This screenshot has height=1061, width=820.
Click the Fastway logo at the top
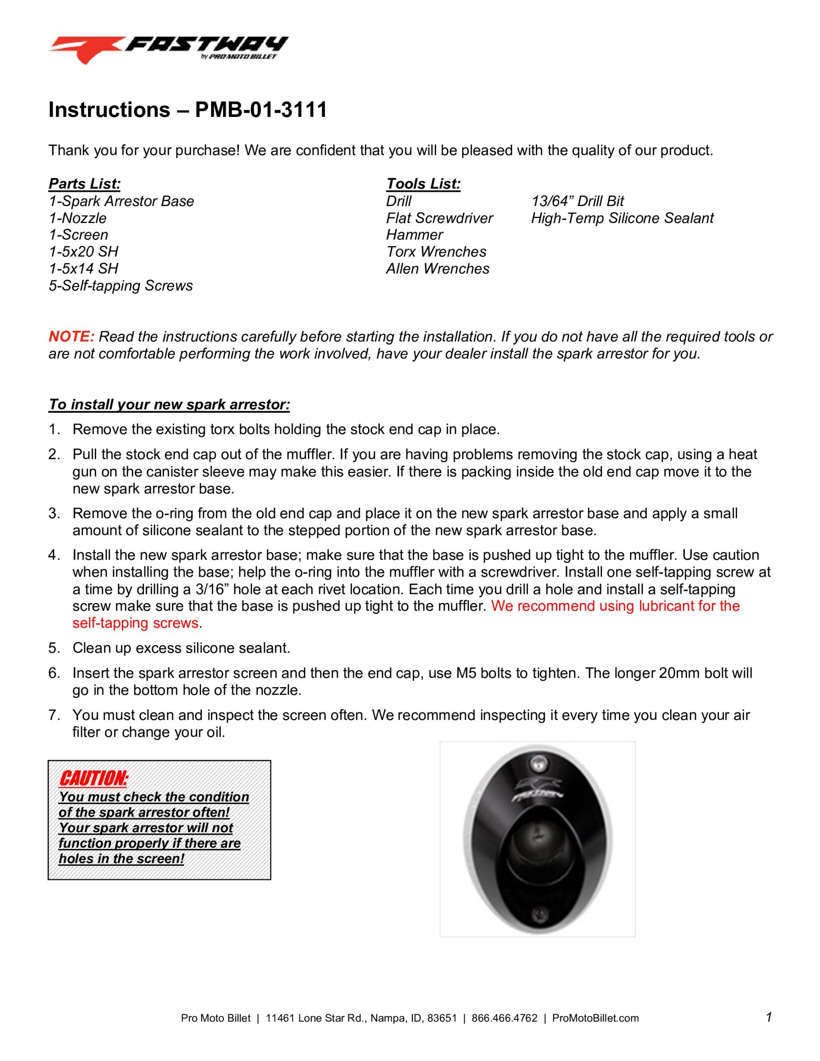[168, 48]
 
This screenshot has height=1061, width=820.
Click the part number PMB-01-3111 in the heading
[261, 110]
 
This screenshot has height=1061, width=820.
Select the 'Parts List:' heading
[85, 184]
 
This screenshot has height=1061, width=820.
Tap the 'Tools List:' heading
[423, 184]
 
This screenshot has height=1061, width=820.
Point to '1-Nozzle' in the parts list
[77, 218]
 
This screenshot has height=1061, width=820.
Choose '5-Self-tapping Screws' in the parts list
[121, 286]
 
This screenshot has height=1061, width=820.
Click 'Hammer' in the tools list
[414, 235]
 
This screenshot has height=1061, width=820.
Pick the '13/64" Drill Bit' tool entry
[577, 201]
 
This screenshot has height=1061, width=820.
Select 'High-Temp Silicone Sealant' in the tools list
[622, 218]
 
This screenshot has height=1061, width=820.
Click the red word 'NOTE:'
[71, 337]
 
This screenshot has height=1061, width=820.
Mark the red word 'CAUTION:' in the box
[93, 778]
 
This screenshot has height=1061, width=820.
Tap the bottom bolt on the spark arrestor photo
[539, 914]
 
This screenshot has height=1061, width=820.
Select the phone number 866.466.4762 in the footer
[504, 1018]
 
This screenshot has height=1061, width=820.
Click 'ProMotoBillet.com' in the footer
[595, 1018]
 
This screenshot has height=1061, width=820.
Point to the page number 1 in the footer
[769, 1017]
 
